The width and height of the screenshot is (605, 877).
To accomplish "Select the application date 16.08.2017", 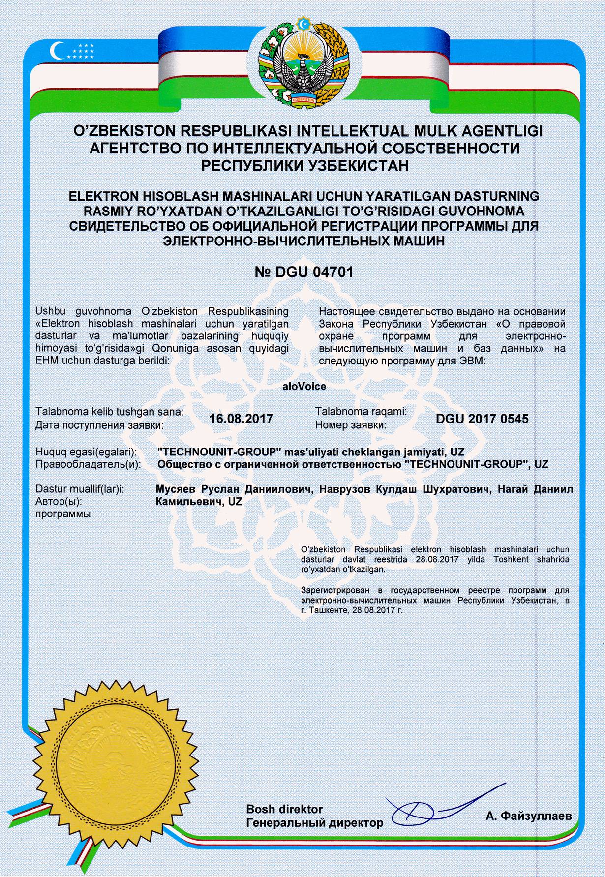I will pos(241,419).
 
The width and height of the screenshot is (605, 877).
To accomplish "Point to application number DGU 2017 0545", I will pos(482,419).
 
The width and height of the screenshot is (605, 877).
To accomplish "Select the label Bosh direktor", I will pos(284,809).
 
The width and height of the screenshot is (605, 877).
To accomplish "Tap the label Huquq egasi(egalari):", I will pos(86,452).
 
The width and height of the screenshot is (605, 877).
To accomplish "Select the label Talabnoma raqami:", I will pos(361,412).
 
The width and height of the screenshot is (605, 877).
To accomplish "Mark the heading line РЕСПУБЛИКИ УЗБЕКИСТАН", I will pos(302,166).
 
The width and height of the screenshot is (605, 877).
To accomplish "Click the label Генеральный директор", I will pos(314,822).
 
